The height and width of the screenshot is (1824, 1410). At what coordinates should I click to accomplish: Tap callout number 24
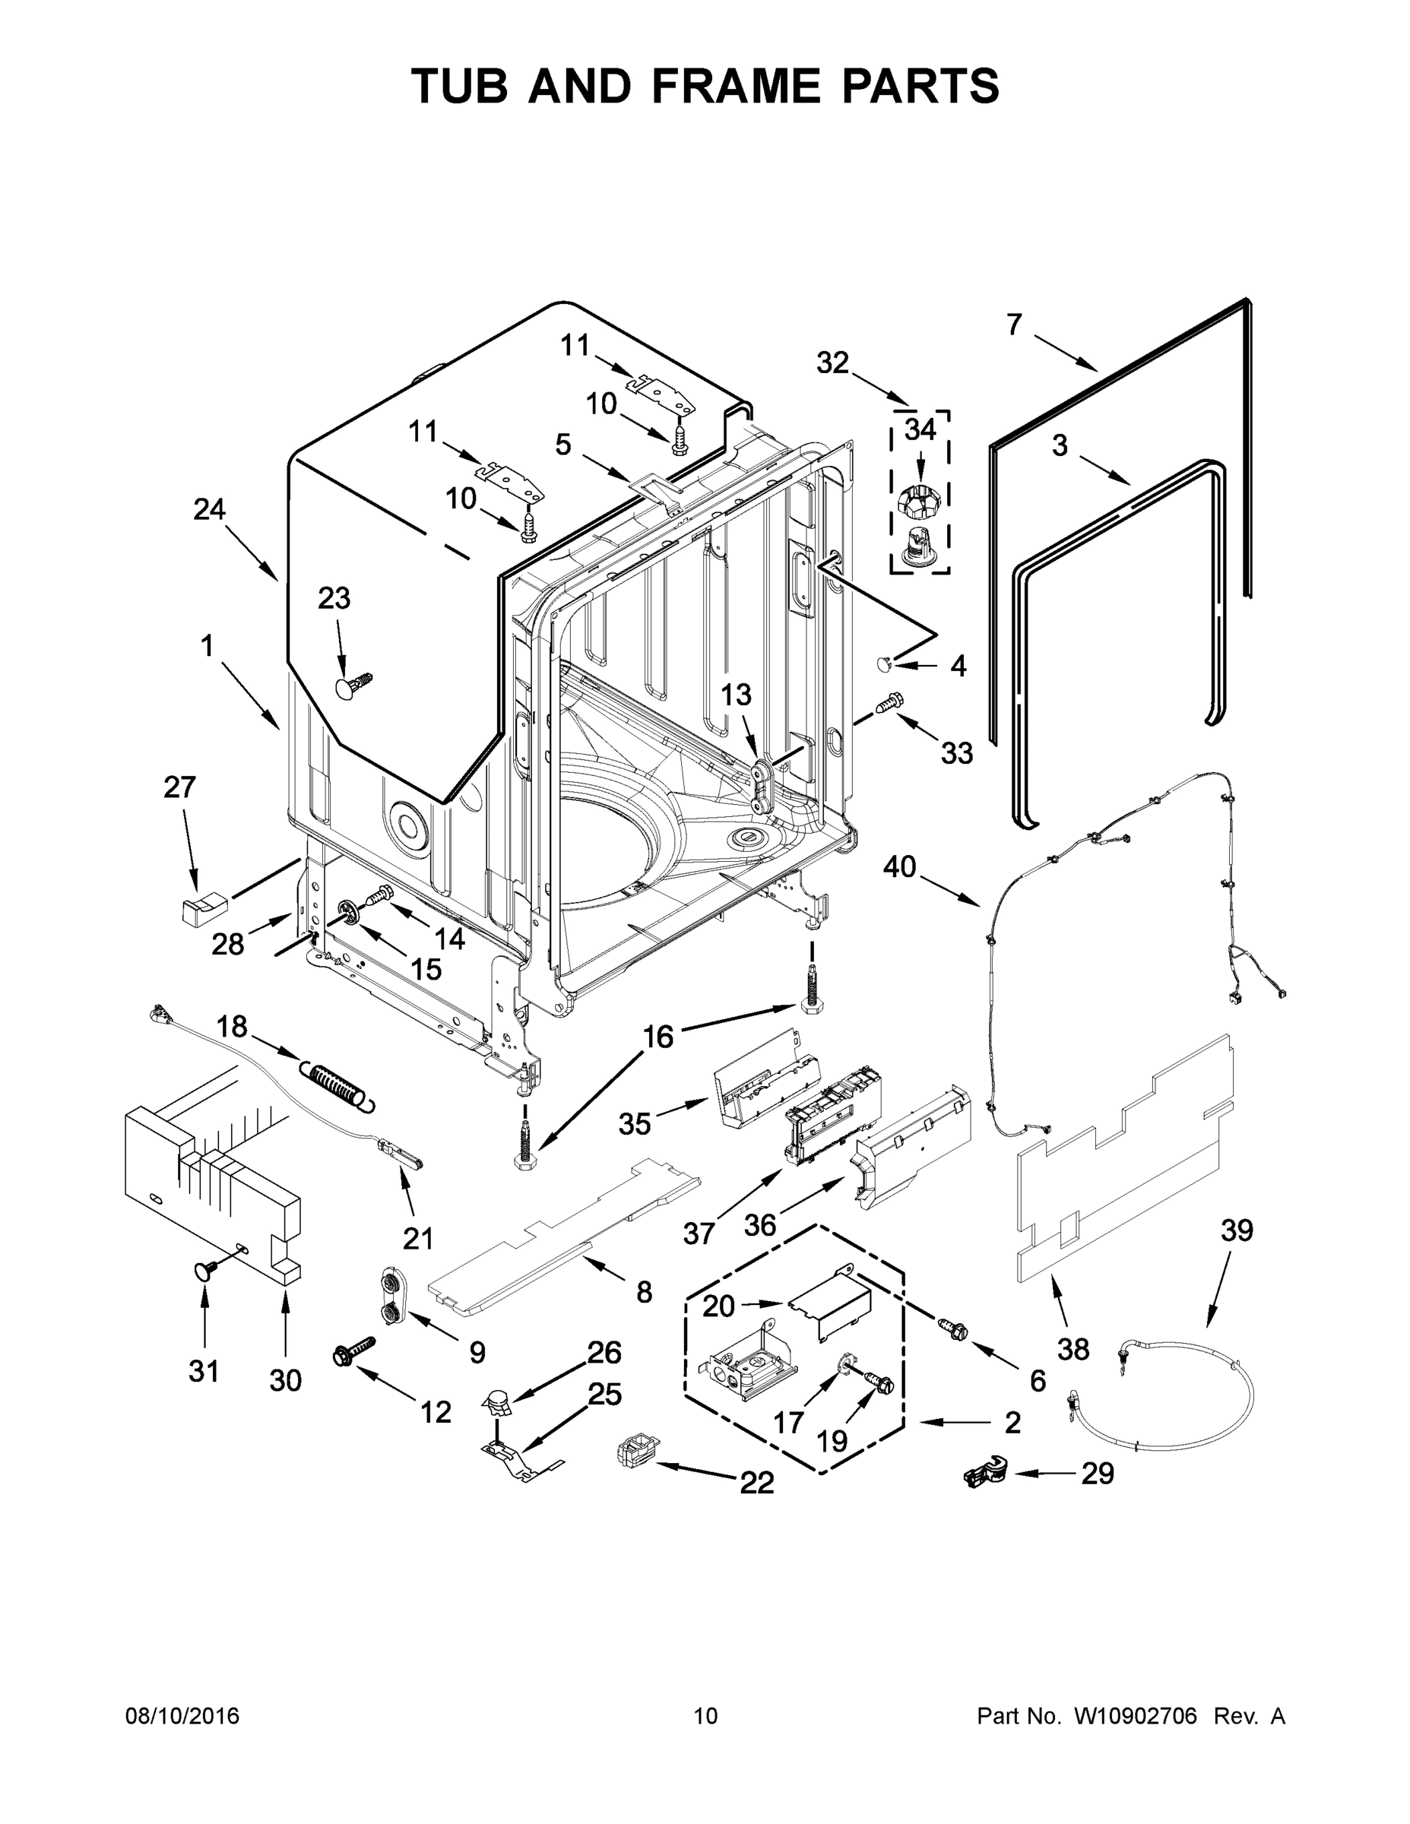click(210, 508)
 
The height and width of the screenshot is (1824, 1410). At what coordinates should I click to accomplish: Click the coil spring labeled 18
click(338, 1085)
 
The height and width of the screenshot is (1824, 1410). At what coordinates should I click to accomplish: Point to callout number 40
click(900, 868)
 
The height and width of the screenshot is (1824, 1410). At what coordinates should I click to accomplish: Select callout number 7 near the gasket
click(1014, 325)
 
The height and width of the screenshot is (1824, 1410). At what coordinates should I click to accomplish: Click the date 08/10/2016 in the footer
click(182, 1716)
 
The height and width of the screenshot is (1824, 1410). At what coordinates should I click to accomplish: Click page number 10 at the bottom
click(705, 1716)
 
